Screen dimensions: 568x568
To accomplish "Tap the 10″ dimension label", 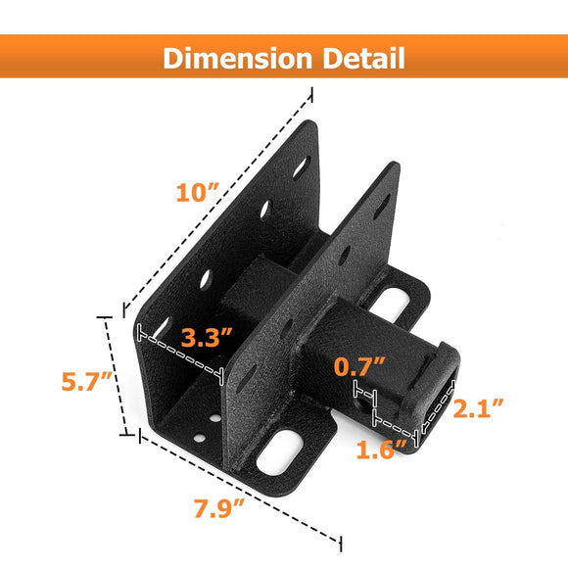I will pyautogui.click(x=195, y=192).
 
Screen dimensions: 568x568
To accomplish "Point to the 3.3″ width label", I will pyautogui.click(x=207, y=340).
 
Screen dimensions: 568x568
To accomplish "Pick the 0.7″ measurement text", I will pyautogui.click(x=358, y=368).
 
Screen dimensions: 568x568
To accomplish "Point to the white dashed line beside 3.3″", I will pyautogui.click(x=181, y=351).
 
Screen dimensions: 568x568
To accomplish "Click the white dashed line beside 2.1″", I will pyautogui.click(x=438, y=406).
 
